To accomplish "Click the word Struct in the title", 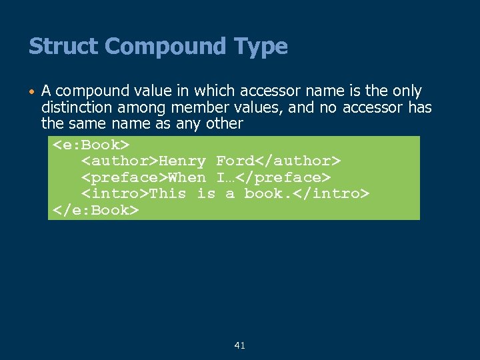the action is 64,47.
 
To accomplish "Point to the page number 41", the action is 240,345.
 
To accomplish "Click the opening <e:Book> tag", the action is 91,145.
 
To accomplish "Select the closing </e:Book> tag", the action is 95,210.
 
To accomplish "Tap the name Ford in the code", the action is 235,161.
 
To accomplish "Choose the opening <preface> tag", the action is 124,177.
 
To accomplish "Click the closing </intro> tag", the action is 334,193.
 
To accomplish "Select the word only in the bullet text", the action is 407,91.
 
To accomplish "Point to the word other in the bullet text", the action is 225,124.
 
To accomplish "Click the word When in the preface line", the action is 187,177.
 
